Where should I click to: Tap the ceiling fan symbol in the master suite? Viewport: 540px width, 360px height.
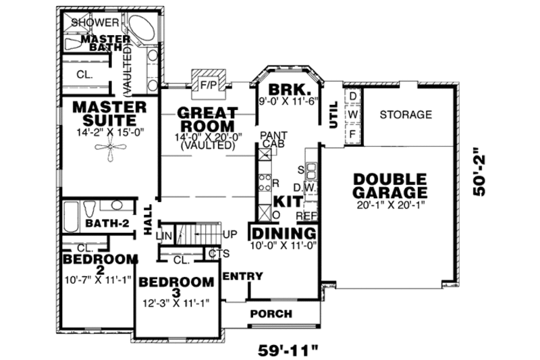click(x=109, y=151)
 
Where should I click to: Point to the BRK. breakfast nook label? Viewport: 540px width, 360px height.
click(x=289, y=91)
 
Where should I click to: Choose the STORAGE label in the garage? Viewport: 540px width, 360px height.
click(x=405, y=115)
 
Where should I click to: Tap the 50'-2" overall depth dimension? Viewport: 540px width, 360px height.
click(x=480, y=176)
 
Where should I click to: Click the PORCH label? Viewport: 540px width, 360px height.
click(x=271, y=314)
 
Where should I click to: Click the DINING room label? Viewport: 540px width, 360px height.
click(x=283, y=233)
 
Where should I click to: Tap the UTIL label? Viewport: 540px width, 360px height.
click(x=333, y=119)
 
